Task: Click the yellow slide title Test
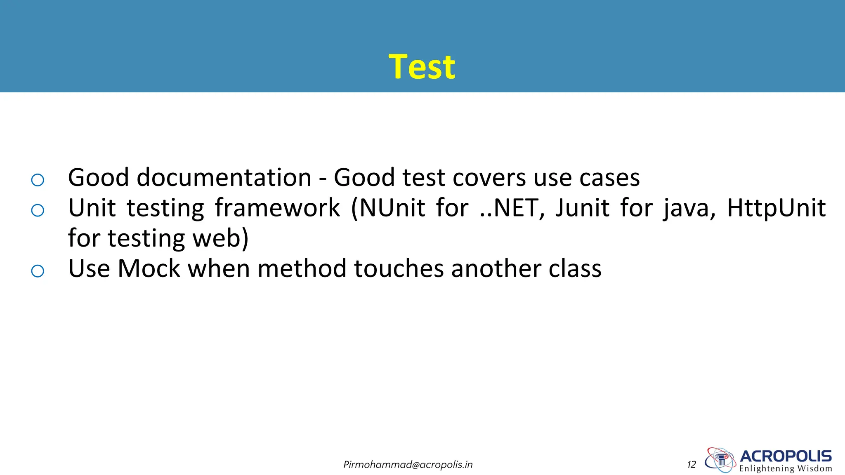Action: click(x=422, y=67)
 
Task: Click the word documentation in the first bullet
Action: click(x=224, y=178)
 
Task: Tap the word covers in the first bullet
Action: click(x=489, y=178)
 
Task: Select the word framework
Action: click(x=277, y=208)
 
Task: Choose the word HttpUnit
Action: click(x=776, y=208)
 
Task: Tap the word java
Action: click(x=689, y=209)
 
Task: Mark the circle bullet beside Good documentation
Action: click(x=38, y=180)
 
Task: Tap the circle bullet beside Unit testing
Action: click(x=38, y=210)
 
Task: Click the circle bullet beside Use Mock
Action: click(x=38, y=271)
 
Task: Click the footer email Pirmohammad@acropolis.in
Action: click(x=408, y=465)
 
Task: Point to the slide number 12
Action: click(x=692, y=465)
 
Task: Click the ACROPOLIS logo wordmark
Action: click(x=786, y=456)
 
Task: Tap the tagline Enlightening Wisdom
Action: click(x=786, y=468)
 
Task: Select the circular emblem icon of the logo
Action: click(x=720, y=459)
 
